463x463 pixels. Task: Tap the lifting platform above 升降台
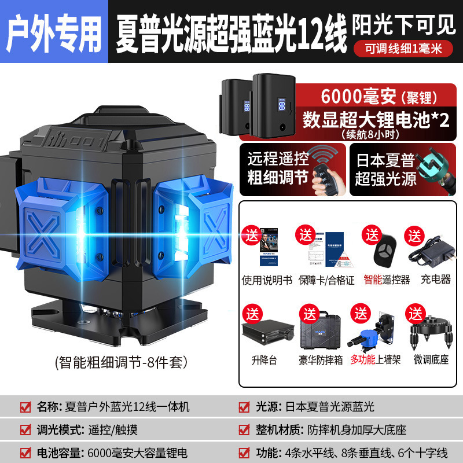(264, 333)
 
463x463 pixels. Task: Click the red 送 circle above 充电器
(415, 236)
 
